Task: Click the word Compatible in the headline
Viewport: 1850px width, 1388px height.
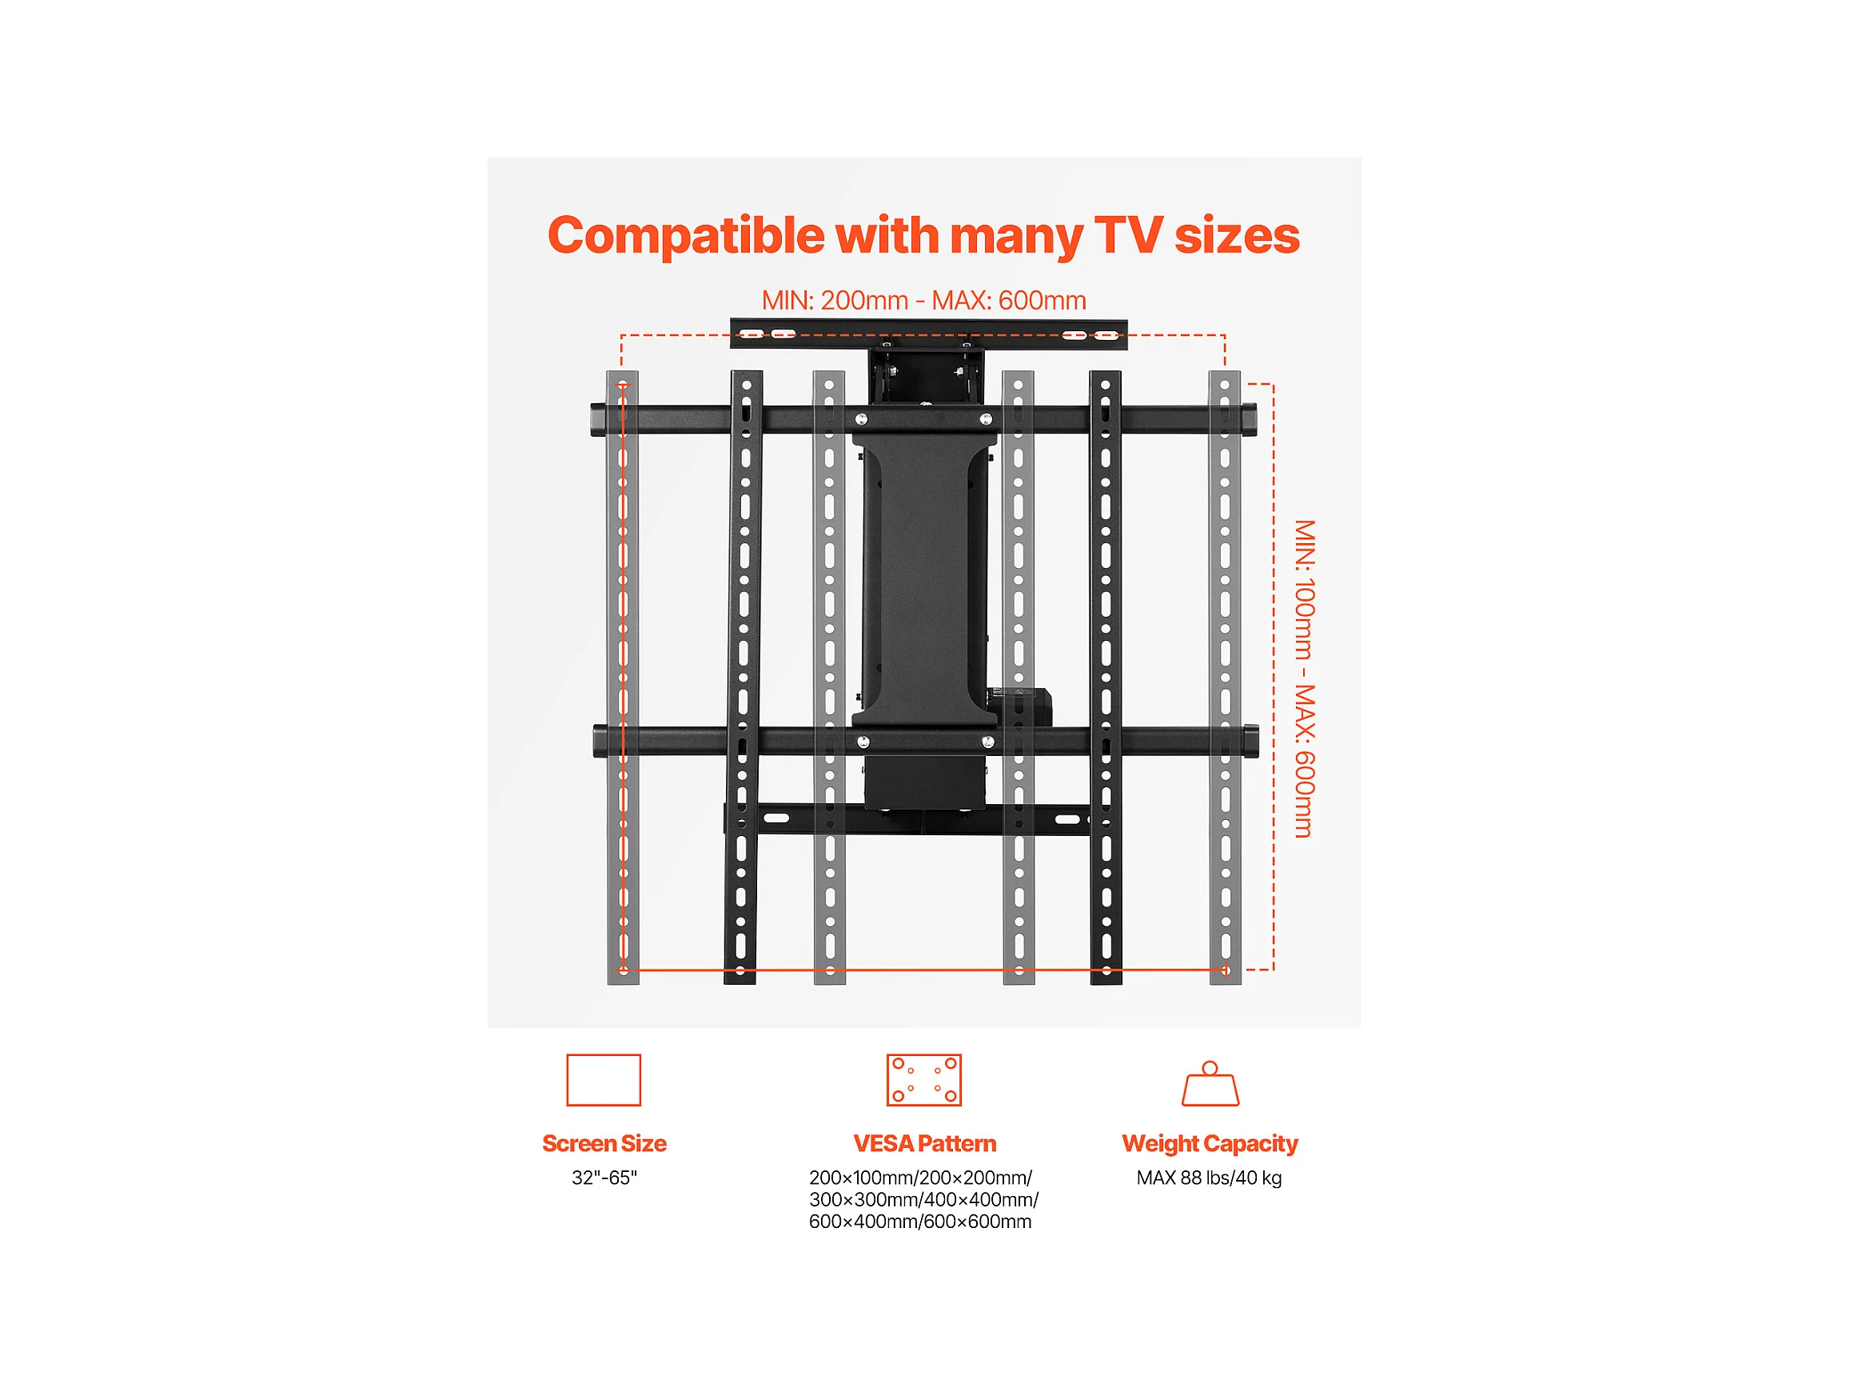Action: (686, 237)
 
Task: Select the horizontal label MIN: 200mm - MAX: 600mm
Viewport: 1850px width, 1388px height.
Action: (923, 300)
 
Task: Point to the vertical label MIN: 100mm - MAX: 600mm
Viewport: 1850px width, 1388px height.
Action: (1304, 678)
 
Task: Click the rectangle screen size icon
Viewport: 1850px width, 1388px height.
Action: (604, 1080)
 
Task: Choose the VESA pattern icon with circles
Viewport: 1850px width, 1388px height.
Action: (923, 1080)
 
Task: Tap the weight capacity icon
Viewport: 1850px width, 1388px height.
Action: (1210, 1083)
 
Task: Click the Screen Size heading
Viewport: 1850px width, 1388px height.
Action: (604, 1144)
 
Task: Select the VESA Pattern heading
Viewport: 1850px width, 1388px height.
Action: (924, 1144)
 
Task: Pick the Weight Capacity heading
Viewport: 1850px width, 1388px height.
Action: (1210, 1145)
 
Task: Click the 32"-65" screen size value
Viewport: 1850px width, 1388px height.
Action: (604, 1178)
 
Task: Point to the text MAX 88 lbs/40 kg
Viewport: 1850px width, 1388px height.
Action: (1209, 1179)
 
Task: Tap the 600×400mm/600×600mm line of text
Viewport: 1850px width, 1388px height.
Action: (920, 1222)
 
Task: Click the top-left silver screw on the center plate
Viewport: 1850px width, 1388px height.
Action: (861, 419)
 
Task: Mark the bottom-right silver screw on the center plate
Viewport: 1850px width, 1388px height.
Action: (987, 742)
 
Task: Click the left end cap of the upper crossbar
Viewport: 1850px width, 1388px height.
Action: (596, 420)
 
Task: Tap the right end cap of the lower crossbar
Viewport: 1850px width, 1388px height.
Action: (1251, 742)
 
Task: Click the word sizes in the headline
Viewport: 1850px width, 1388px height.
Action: (1237, 235)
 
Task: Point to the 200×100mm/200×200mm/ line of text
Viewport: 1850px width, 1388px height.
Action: (920, 1178)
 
